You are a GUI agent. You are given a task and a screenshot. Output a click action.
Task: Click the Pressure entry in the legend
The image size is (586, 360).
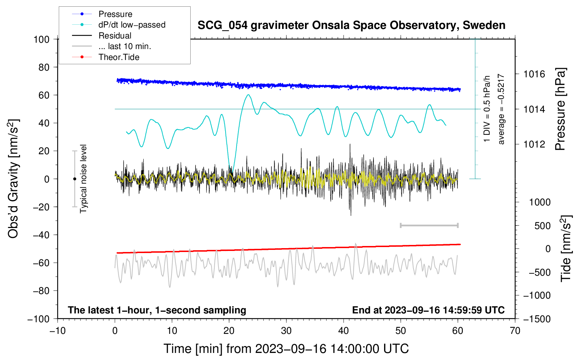point(115,14)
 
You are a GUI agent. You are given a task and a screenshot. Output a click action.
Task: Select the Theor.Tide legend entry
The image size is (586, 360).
point(119,57)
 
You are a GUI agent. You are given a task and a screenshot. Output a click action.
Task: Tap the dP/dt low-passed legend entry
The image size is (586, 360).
point(132,25)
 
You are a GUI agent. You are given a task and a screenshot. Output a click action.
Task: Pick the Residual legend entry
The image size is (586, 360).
point(115,36)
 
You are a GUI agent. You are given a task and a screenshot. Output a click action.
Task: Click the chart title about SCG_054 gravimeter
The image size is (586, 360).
point(351,25)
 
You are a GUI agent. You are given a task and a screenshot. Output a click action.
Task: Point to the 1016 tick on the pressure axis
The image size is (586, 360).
point(534,74)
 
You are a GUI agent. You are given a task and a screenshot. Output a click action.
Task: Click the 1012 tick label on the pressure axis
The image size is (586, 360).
point(534,144)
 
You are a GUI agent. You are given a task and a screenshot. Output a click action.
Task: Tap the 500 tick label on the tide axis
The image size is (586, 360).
point(542,226)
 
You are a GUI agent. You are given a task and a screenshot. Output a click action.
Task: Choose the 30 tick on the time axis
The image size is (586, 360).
point(286,331)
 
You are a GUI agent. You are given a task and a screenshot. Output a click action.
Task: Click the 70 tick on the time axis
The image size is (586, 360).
point(515,331)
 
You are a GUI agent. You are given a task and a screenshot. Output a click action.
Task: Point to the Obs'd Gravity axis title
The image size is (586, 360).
point(13,179)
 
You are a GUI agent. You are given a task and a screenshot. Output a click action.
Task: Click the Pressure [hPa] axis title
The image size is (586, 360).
point(560,109)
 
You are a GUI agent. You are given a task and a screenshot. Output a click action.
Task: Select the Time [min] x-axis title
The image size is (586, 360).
point(286,349)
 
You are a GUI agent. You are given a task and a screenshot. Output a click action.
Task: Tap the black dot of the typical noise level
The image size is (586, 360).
point(74,179)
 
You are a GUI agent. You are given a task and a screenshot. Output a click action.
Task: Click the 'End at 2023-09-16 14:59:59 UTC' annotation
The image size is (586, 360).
point(428,310)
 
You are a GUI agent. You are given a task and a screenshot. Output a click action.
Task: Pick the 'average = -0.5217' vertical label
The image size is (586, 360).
point(501,109)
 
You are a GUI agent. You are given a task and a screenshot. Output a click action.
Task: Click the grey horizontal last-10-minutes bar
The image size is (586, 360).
point(429,225)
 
